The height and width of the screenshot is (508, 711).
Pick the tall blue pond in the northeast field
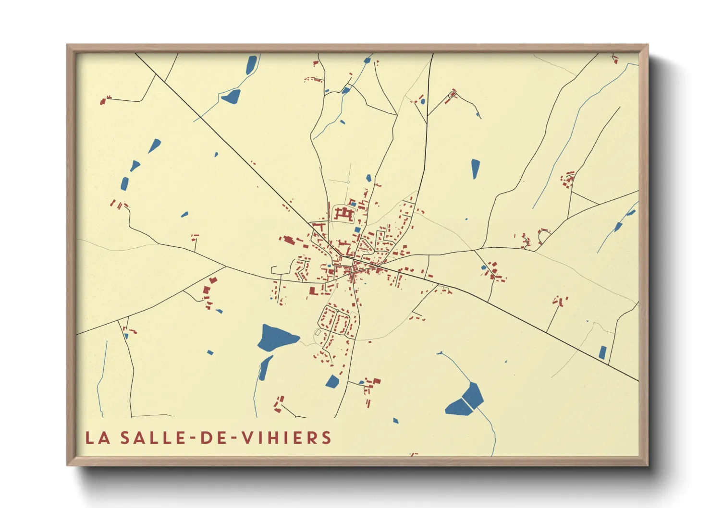click(475, 169)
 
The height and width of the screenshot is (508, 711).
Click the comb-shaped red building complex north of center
click(344, 213)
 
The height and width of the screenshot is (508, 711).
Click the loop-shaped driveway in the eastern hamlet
click(543, 235)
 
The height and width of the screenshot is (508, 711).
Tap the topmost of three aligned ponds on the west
click(154, 145)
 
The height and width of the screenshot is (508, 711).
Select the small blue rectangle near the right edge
click(602, 352)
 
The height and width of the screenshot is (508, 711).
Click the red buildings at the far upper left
click(103, 100)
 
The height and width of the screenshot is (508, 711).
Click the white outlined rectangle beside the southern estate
click(318, 332)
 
